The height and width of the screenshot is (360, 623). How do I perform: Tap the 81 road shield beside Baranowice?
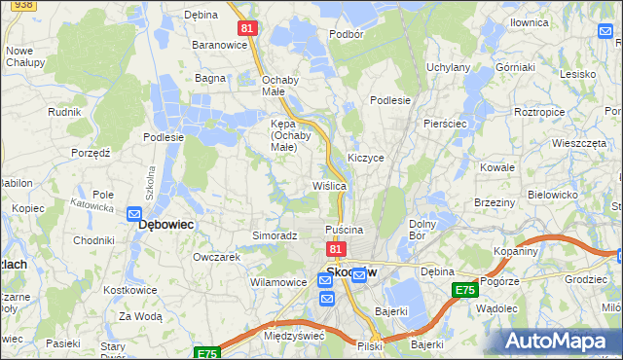click(247, 29)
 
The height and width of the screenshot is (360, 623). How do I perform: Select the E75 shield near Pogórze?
click(464, 290)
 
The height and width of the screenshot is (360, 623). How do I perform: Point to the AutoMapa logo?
click(561, 341)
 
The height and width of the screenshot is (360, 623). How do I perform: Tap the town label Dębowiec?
click(165, 224)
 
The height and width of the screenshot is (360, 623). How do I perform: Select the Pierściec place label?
click(446, 125)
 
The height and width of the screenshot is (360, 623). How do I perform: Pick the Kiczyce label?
click(366, 157)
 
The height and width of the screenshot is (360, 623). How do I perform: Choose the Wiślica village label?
click(329, 185)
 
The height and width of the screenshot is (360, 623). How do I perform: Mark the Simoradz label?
click(275, 235)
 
